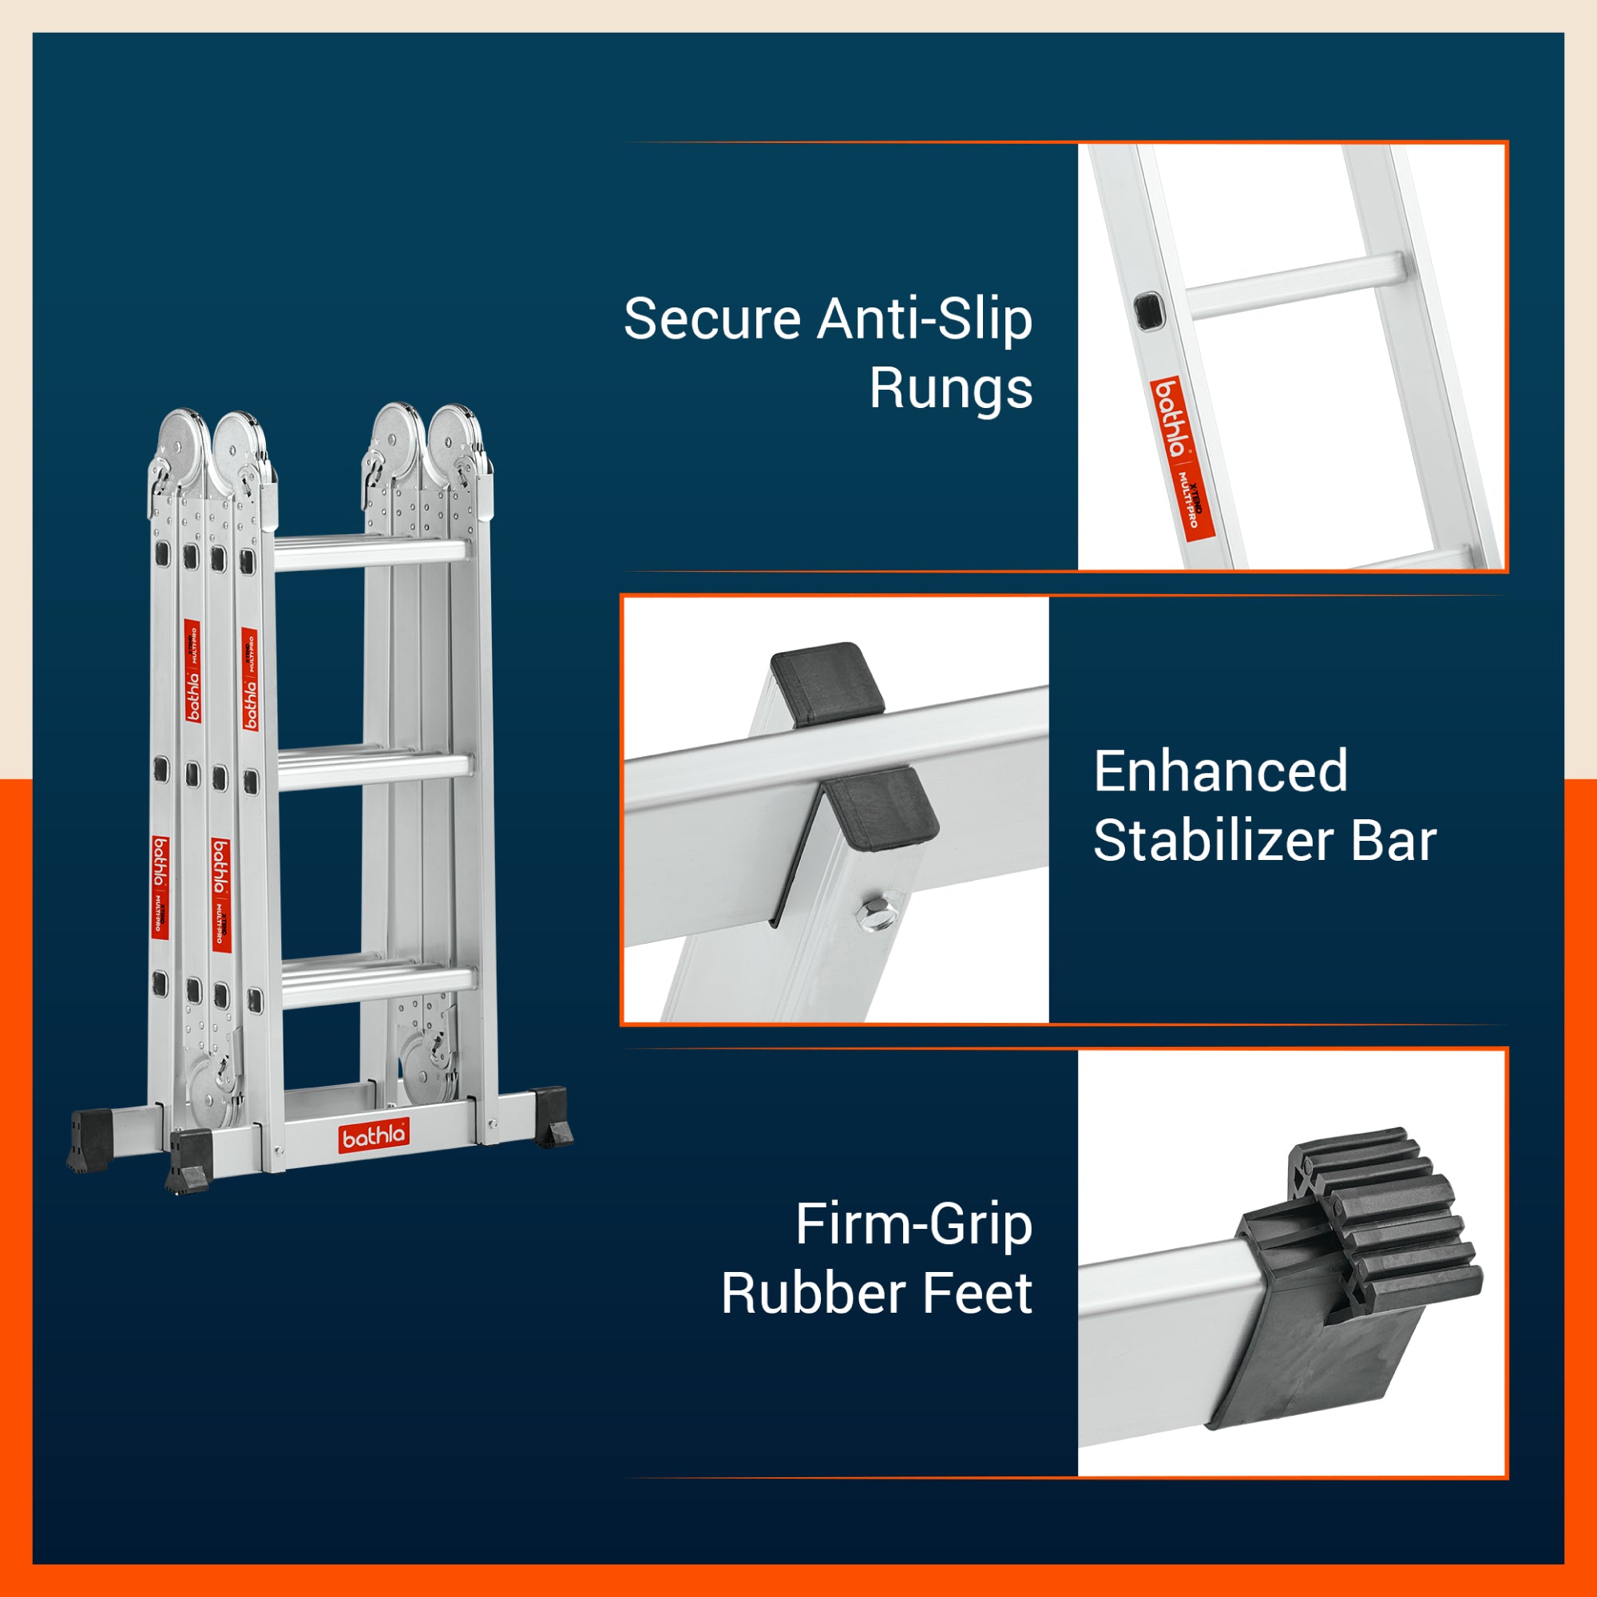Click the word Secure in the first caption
[711, 319]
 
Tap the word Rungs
[950, 390]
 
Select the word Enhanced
[1220, 771]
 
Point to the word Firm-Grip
[913, 1224]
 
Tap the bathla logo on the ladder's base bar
[374, 1136]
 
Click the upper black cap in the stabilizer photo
[826, 683]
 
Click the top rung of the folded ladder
[371, 553]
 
